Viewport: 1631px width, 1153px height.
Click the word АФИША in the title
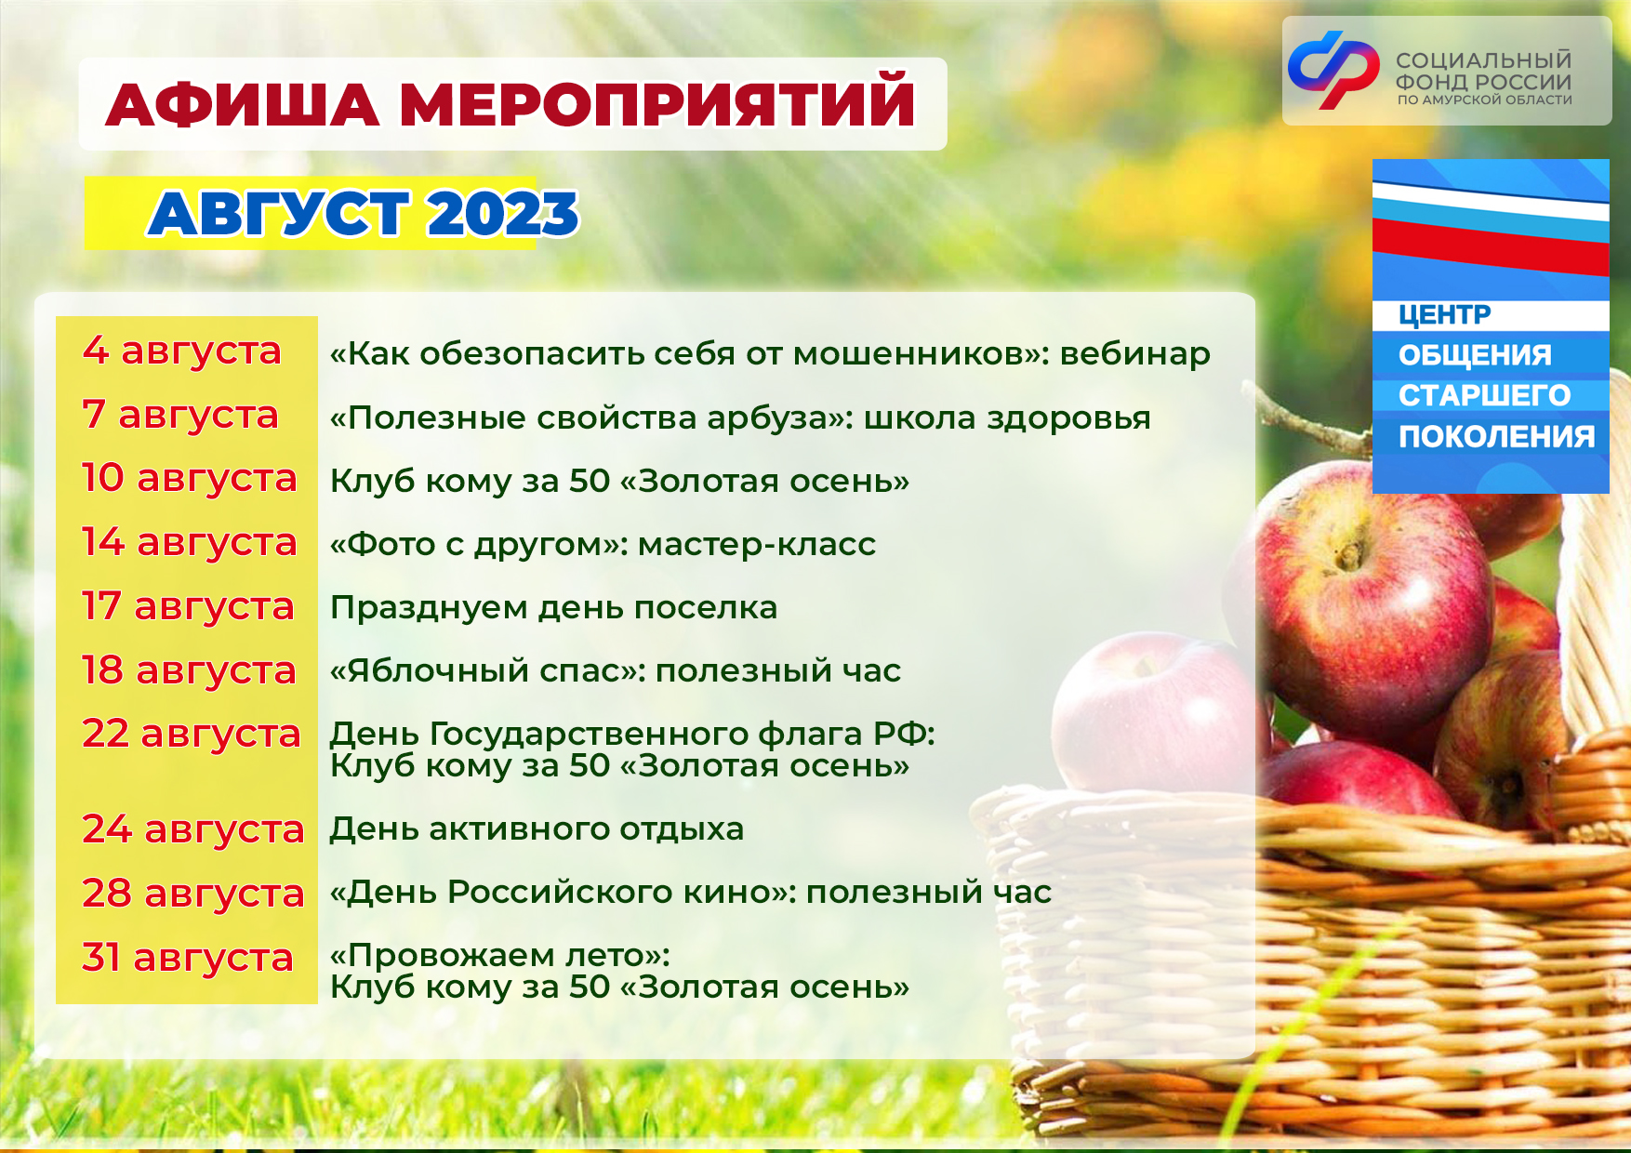[243, 104]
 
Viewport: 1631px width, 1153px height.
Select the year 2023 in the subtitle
[503, 214]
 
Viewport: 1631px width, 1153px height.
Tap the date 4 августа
[182, 351]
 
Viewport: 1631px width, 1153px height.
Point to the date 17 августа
[188, 606]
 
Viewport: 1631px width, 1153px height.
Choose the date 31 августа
[188, 958]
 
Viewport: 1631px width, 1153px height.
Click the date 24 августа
[193, 829]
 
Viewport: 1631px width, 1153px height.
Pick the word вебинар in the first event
[1135, 354]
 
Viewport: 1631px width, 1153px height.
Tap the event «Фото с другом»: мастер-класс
[603, 544]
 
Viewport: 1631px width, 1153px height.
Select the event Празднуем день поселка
[554, 608]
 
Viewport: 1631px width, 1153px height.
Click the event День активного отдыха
[537, 829]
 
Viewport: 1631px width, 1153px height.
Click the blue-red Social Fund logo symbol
[1333, 70]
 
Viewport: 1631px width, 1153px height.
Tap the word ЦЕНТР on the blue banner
[1444, 314]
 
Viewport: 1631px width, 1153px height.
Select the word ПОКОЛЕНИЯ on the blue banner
[1497, 437]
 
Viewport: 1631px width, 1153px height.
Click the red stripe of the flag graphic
[1491, 246]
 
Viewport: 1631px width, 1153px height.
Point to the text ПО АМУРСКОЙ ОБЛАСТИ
[1485, 100]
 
